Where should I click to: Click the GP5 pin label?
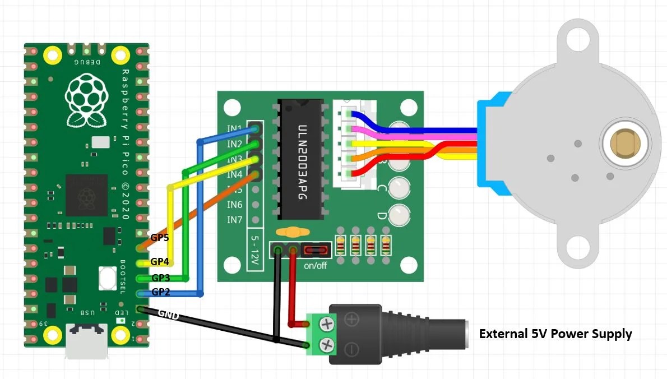click(x=160, y=238)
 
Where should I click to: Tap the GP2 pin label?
click(x=160, y=292)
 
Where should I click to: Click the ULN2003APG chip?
click(x=302, y=160)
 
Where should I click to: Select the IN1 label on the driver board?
click(x=235, y=129)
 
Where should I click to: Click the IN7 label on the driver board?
click(x=235, y=219)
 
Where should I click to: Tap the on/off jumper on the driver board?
click(x=316, y=250)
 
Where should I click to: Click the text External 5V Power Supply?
click(x=555, y=334)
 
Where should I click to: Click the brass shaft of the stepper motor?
click(x=626, y=143)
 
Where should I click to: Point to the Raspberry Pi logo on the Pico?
click(x=86, y=101)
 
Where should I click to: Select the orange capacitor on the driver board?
click(x=290, y=232)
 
